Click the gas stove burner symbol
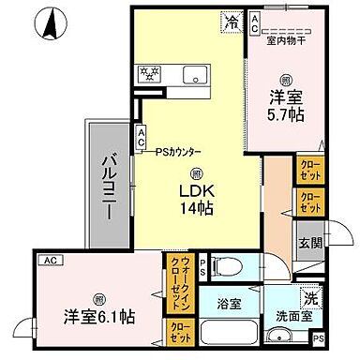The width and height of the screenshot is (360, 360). click(150, 73)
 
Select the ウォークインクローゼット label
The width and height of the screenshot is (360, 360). click(176, 282)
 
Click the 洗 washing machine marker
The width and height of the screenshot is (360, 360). click(311, 298)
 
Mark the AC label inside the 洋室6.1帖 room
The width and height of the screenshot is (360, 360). click(51, 260)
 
